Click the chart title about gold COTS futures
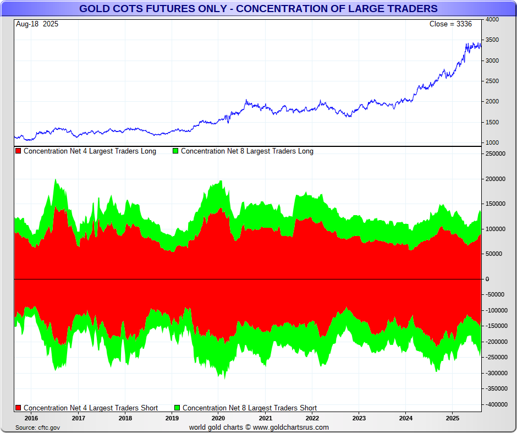point(258,8)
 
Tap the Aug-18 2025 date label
point(37,24)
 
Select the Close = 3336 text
point(450,24)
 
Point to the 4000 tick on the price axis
point(492,19)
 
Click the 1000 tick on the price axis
point(492,143)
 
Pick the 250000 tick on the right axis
point(494,154)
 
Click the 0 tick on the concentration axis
point(487,279)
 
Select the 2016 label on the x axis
point(31,418)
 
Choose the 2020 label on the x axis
point(218,418)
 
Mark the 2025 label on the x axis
point(452,418)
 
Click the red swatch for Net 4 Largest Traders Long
point(18,151)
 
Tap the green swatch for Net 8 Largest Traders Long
point(175,151)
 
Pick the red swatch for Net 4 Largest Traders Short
point(18,408)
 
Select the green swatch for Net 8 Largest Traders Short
point(177,408)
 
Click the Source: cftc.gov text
point(38,427)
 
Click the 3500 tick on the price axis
point(492,40)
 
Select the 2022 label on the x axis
point(312,418)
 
